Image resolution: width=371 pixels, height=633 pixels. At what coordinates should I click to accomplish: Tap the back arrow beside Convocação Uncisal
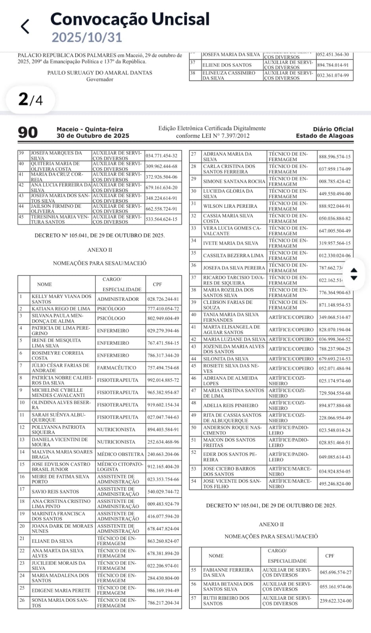tap(25, 27)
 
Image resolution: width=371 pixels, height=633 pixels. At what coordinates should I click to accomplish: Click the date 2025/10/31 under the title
tap(87, 37)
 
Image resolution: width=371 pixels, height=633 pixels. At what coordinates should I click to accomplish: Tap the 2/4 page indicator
tap(30, 99)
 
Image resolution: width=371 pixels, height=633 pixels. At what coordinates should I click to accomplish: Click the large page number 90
tap(28, 133)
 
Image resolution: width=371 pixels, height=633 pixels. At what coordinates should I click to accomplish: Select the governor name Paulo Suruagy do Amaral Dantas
tap(100, 73)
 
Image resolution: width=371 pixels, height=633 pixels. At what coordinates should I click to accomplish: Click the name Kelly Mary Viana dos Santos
tap(61, 299)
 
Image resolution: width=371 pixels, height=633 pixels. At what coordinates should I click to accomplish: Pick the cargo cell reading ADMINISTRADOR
tap(118, 299)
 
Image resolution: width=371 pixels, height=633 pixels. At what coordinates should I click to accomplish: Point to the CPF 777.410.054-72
tap(163, 309)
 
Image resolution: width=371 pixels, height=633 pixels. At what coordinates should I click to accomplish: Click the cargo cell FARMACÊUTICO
tap(118, 368)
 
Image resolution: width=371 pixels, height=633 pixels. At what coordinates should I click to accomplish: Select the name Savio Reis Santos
tap(55, 491)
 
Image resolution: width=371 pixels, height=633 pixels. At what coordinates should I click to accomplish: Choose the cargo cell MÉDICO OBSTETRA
tap(120, 454)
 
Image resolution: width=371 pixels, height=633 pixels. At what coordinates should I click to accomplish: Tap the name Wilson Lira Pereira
tap(230, 206)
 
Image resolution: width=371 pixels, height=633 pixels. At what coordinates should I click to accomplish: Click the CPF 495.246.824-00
tap(335, 483)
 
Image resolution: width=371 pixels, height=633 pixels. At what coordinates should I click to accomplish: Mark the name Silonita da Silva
tap(226, 359)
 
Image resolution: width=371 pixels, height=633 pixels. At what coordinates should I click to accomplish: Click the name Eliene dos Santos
tap(227, 65)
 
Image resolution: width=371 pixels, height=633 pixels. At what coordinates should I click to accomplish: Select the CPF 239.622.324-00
tap(335, 601)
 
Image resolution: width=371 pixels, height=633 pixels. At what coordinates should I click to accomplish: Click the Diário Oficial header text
tap(333, 129)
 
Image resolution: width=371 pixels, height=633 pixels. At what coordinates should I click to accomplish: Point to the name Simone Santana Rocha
tap(234, 181)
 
